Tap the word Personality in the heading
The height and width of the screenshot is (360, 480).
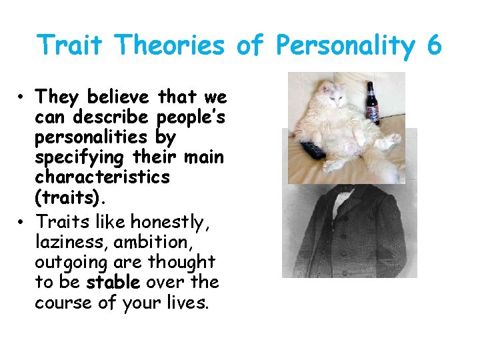343,45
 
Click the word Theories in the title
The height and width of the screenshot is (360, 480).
169,45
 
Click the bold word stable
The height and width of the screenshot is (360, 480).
113,282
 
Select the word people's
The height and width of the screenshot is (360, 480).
191,118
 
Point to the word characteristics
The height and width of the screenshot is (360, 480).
103,177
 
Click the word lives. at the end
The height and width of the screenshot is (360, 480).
189,303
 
